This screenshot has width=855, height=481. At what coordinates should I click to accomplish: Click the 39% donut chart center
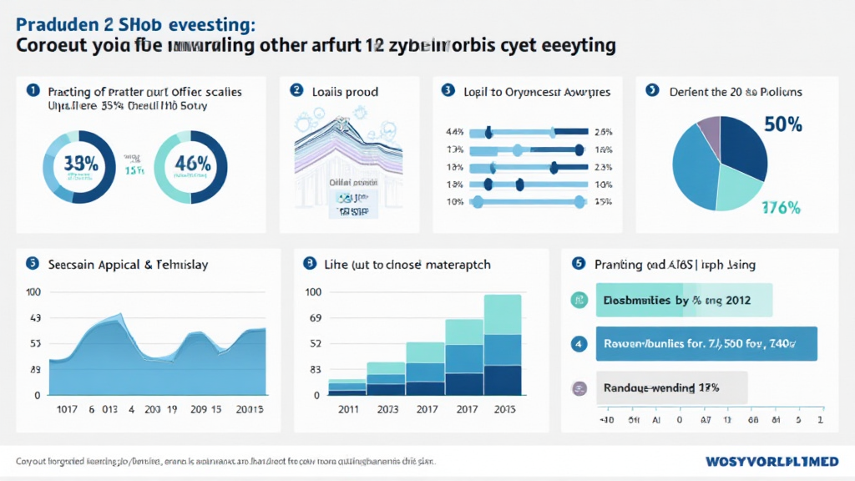tap(80, 165)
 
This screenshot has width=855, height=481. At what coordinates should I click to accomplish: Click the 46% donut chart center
tap(191, 165)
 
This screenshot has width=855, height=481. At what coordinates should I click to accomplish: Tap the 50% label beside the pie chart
tap(782, 125)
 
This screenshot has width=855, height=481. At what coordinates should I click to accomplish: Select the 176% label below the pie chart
tap(782, 208)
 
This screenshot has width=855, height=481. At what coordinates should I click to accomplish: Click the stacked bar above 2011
tap(347, 386)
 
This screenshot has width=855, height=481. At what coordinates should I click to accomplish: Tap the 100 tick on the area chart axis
tap(33, 292)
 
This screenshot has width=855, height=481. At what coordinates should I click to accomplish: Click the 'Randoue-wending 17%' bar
tap(671, 388)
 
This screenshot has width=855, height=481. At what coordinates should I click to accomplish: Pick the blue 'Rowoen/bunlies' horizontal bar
tap(706, 343)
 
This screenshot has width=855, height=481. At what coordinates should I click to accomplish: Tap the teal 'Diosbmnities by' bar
tap(684, 300)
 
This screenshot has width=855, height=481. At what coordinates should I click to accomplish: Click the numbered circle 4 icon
tap(578, 343)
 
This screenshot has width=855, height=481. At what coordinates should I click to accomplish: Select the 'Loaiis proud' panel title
tap(345, 92)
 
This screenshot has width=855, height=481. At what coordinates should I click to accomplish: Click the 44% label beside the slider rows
tap(455, 132)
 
